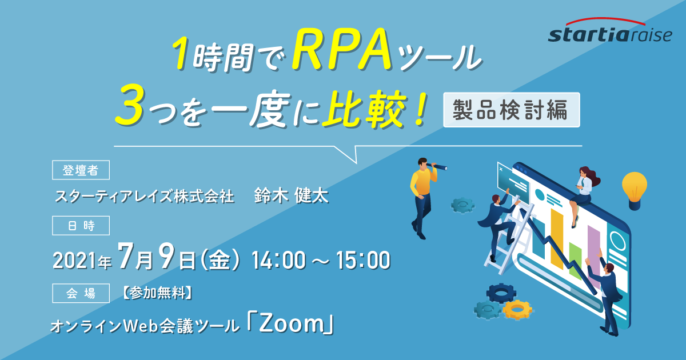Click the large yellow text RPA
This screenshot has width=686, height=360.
click(342, 50)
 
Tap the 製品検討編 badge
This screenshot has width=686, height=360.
click(512, 110)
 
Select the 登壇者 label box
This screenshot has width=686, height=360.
click(81, 170)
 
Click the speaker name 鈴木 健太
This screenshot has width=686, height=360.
click(291, 195)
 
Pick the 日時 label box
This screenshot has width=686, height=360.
click(81, 226)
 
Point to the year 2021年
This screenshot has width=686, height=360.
click(82, 261)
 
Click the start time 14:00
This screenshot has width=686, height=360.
click(278, 260)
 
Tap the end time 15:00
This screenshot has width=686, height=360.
click(363, 260)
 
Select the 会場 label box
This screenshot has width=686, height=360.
click(81, 293)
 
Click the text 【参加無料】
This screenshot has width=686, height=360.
click(157, 293)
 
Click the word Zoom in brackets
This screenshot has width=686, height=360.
click(291, 325)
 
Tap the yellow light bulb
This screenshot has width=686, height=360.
click(634, 190)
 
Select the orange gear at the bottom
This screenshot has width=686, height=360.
click(517, 310)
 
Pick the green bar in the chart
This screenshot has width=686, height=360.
click(575, 260)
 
